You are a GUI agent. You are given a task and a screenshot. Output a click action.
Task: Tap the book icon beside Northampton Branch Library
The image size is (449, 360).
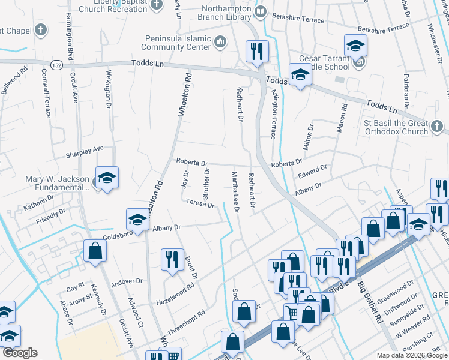[x=261, y=11]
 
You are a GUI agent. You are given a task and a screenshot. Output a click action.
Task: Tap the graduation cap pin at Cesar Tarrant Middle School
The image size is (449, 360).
[x=355, y=46]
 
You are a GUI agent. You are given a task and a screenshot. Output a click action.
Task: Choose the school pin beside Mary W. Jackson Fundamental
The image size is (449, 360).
[x=107, y=178]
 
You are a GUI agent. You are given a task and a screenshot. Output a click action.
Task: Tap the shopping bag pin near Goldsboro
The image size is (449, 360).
[x=95, y=251]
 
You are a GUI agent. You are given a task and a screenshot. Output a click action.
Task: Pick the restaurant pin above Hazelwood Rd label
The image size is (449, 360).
[x=172, y=259]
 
